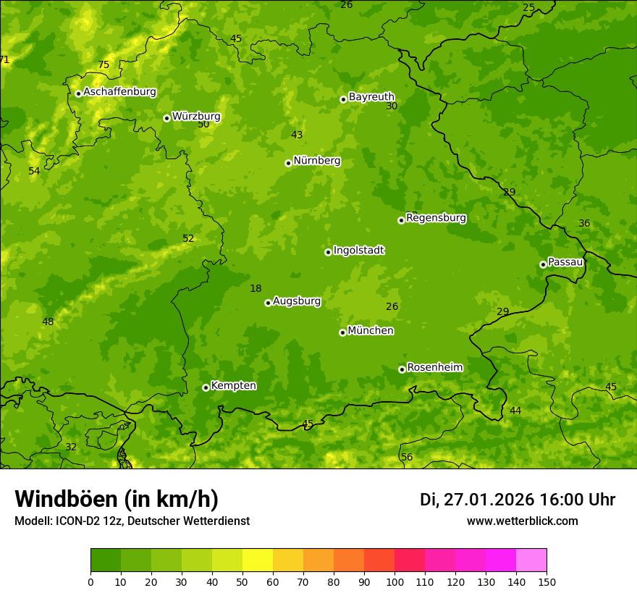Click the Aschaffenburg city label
pos(119,92)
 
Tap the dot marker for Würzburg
pos(166,118)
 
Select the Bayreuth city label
pos(371,96)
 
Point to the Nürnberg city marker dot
pos(288,163)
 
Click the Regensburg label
pos(436,217)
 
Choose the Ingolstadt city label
pos(358,251)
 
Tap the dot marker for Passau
pos(543,264)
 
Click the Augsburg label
pos(297,301)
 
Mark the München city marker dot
pos(342,332)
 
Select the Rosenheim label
pos(434,367)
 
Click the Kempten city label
pos(233,385)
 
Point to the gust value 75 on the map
pos(104,64)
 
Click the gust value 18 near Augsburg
pos(256,288)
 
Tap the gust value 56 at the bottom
pos(407,457)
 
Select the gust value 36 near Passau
pos(584,223)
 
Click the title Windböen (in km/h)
pos(117,499)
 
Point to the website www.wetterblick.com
pos(522,521)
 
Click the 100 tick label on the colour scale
pos(395,581)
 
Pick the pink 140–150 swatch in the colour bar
pos(531,560)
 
